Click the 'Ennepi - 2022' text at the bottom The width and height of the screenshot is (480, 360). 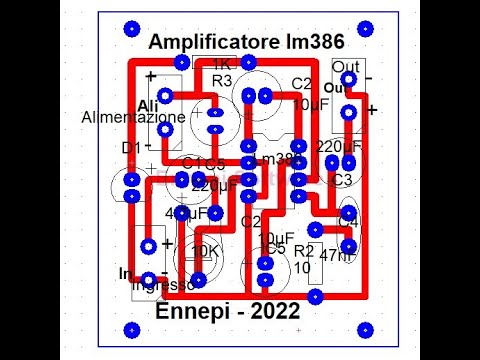pos(228,312)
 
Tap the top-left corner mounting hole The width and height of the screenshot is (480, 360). pos(128,28)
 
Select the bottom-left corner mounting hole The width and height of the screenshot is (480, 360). pos(128,329)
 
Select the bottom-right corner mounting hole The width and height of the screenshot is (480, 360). pos(366,329)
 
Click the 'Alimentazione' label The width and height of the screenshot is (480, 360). pos(132,117)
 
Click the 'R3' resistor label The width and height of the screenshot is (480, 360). pos(222,80)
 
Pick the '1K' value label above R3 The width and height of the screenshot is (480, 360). pos(222,65)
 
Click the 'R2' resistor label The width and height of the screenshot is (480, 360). pos(304,251)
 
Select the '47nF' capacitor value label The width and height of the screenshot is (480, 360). pos(337,256)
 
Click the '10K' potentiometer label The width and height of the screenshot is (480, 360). pos(205,251)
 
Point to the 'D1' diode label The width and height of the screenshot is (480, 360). pos(131,148)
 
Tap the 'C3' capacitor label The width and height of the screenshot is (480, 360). pos(342,180)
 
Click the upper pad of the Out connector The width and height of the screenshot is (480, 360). pos(348,79)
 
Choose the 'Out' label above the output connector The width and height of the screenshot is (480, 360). pos(345,65)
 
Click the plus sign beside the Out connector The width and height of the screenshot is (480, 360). pos(372,110)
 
